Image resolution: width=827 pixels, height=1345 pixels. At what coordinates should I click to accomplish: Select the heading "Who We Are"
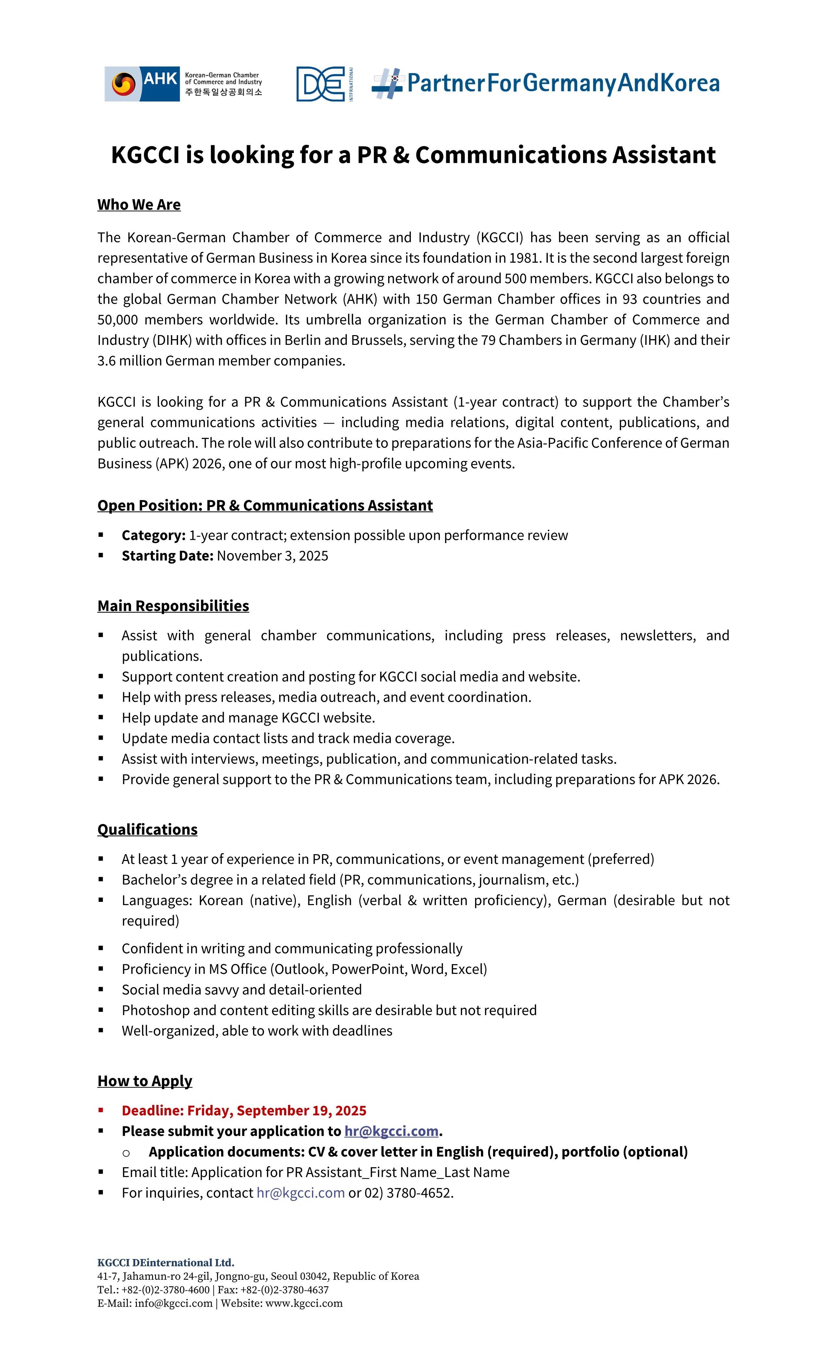(139, 205)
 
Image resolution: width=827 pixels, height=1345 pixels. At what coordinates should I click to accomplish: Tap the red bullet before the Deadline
(101, 1110)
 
